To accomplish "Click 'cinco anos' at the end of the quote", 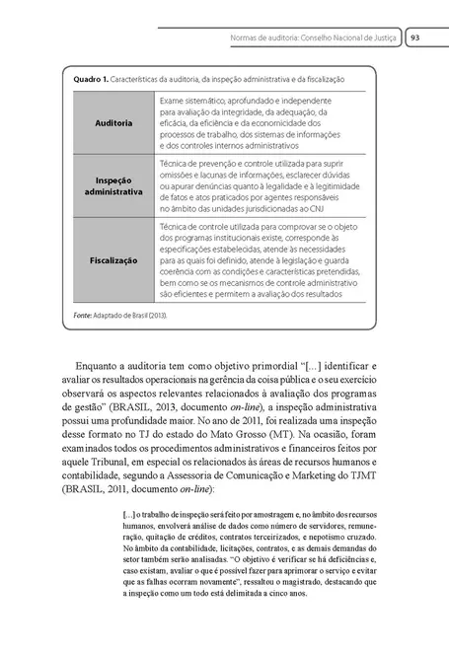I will click(287, 594).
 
